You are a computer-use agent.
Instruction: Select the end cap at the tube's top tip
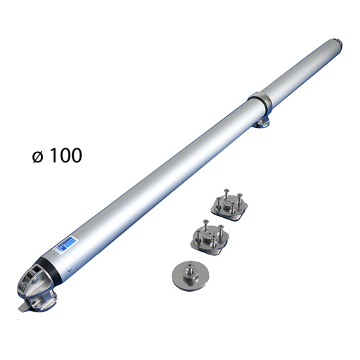[x=339, y=46]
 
